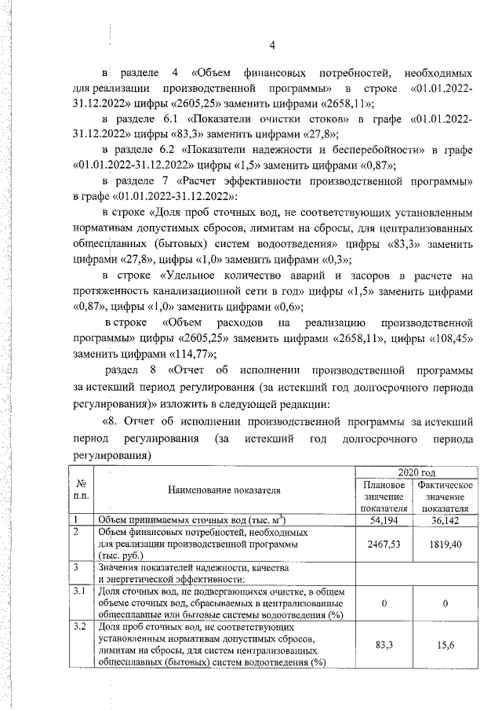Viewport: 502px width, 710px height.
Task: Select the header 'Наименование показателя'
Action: click(x=224, y=490)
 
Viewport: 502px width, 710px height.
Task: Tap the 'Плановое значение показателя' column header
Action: click(x=380, y=497)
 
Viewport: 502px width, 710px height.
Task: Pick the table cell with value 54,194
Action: click(x=380, y=520)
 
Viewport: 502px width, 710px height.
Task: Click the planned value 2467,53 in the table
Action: click(x=380, y=542)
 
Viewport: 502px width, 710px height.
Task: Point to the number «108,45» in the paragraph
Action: click(x=451, y=338)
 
